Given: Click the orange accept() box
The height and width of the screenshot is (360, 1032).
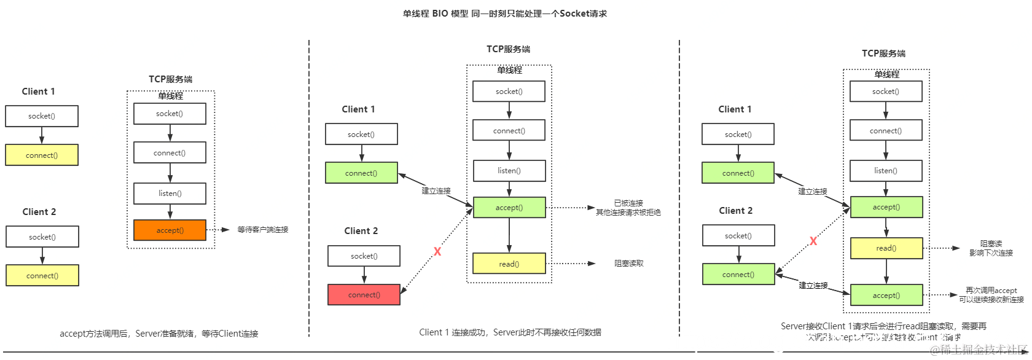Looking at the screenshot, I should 170,230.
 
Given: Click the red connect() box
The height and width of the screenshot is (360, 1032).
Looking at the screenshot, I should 364,295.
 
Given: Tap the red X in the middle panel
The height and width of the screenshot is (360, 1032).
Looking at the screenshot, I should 437,251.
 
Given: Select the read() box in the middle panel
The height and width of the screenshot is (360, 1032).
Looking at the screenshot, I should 509,264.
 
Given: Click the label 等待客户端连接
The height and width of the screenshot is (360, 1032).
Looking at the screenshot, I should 263,230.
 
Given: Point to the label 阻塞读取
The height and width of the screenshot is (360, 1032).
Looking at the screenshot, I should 629,264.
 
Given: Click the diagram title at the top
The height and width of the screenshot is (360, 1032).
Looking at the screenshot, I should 504,14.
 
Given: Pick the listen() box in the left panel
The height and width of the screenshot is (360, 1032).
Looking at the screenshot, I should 170,193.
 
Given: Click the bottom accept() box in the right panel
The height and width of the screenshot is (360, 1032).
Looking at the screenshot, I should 886,295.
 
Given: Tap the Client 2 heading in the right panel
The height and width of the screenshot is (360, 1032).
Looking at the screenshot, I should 735,211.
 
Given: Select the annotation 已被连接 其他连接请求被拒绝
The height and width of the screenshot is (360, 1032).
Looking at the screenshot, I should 628,208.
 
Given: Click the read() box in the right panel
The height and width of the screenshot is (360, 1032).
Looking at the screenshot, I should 886,248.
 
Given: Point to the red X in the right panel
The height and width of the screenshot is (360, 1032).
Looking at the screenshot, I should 813,241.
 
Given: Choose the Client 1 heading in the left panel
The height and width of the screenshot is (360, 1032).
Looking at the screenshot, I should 38,92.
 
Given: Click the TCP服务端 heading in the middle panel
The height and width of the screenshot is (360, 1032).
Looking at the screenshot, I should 508,49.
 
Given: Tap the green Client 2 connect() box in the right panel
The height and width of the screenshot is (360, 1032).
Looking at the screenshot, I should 738,275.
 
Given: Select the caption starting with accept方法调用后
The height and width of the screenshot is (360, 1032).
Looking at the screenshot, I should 158,334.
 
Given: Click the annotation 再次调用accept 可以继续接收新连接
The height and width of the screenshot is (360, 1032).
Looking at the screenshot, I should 991,295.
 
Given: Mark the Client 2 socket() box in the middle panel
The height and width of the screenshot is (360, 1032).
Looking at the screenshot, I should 364,256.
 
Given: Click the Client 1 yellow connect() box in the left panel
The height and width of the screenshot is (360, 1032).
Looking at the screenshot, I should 42,155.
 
